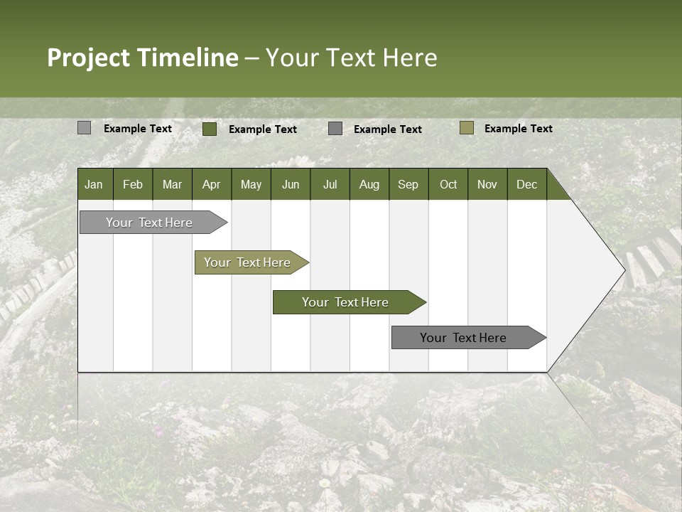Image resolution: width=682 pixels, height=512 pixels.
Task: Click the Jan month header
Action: (x=94, y=184)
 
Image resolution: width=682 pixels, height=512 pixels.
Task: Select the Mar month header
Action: (x=172, y=184)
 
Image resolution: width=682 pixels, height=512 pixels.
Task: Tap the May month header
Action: (x=251, y=184)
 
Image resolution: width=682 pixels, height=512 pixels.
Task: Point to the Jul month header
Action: (x=330, y=184)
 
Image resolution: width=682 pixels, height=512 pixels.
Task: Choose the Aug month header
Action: (x=369, y=184)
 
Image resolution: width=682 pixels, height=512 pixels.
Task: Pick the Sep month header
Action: (x=408, y=184)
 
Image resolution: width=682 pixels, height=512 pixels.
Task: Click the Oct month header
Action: (x=448, y=184)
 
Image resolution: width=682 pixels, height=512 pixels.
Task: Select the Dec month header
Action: (x=526, y=184)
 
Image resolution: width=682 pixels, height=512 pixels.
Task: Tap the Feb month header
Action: (x=133, y=184)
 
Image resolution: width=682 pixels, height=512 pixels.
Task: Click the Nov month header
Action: (x=487, y=184)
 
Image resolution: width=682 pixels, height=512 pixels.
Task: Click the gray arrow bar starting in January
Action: (x=150, y=223)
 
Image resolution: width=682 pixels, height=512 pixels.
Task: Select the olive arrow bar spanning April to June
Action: (x=248, y=262)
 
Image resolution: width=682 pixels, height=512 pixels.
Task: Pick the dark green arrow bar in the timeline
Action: (x=346, y=302)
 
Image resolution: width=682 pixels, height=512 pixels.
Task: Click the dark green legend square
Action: (x=210, y=129)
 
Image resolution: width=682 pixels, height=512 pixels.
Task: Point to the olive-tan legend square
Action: (x=467, y=128)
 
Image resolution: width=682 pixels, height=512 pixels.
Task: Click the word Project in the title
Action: (x=89, y=58)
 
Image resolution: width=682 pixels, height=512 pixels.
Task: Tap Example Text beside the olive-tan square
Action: (x=518, y=129)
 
